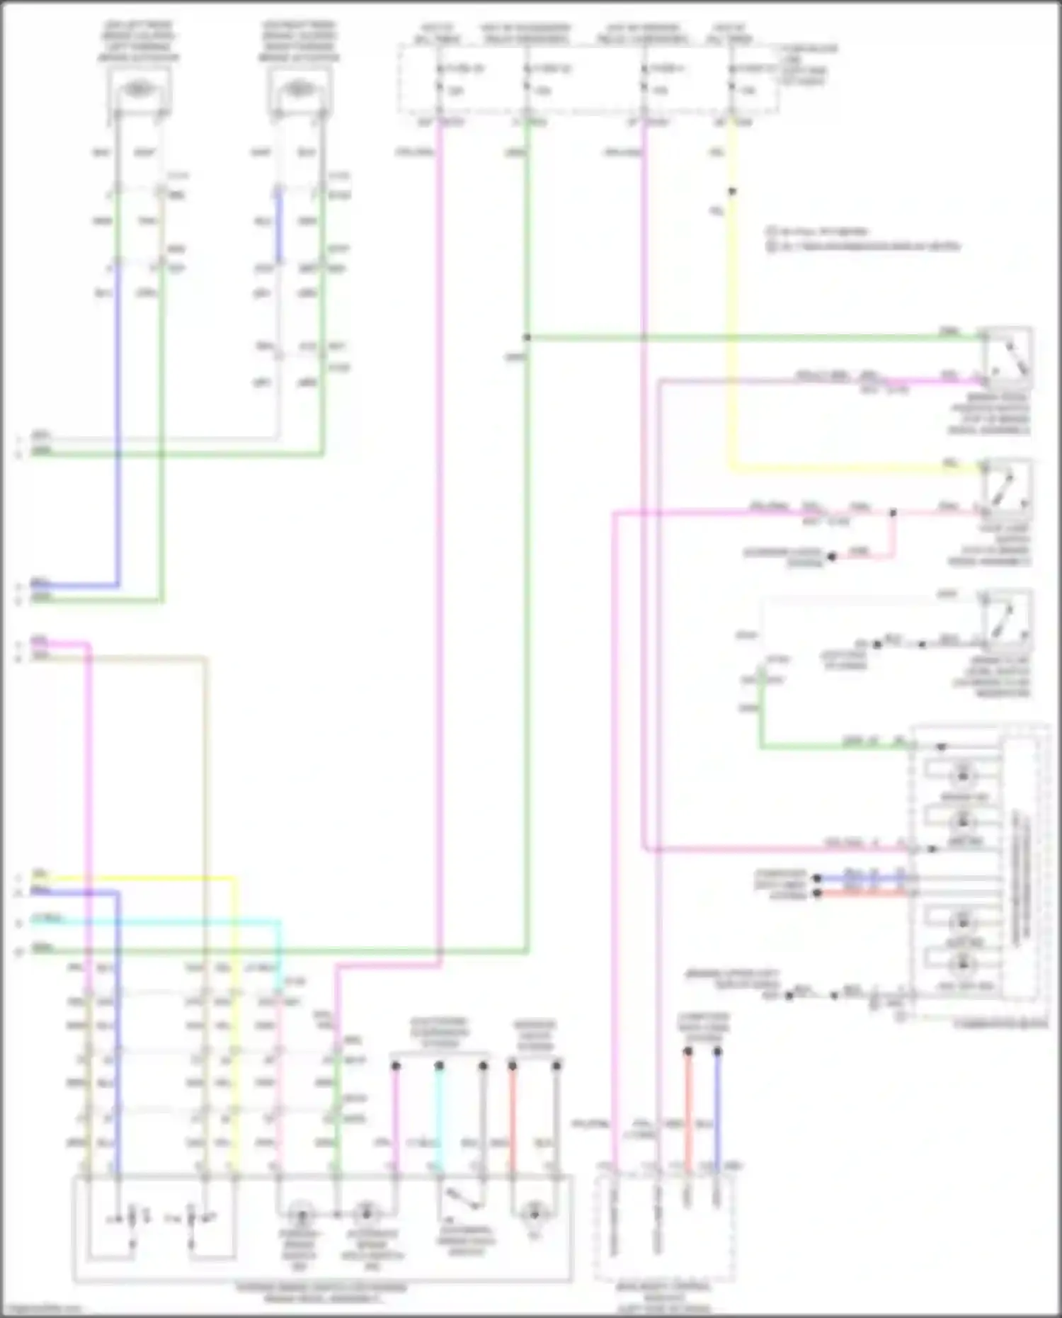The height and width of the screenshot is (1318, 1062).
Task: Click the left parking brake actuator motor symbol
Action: [x=137, y=89]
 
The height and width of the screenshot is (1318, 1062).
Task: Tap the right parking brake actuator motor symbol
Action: [x=298, y=89]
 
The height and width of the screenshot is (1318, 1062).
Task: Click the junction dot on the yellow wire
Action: [x=732, y=191]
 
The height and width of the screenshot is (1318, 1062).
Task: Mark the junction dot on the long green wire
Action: [x=527, y=338]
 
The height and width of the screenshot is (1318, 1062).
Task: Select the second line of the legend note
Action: [x=864, y=246]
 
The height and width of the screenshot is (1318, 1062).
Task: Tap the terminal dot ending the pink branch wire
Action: [x=832, y=557]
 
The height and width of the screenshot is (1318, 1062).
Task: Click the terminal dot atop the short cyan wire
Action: [x=439, y=1066]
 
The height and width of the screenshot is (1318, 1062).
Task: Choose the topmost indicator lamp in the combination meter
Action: [x=962, y=774]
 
